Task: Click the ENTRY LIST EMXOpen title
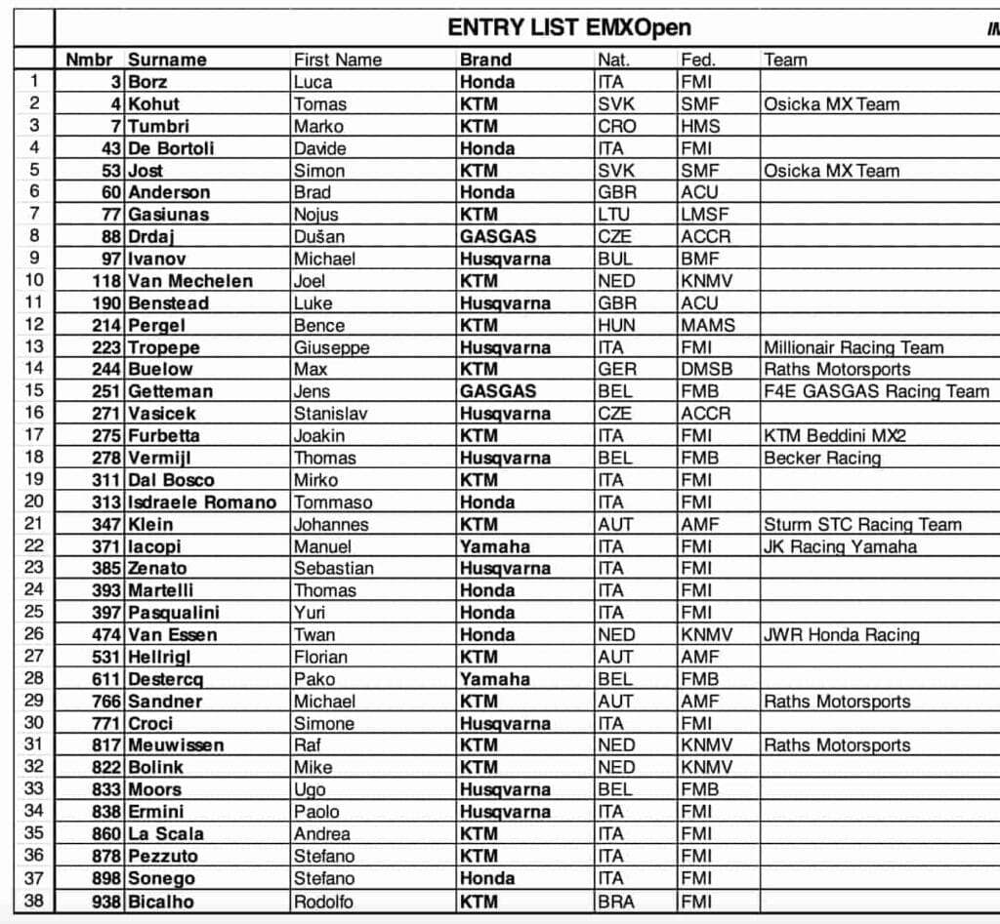(569, 26)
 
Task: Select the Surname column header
(167, 60)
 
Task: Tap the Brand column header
(485, 60)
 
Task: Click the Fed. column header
(697, 60)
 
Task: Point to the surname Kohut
(154, 104)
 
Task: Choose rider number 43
(110, 148)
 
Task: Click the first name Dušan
(319, 237)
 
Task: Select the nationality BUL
(615, 260)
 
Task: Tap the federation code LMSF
(705, 215)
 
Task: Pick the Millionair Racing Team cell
(854, 347)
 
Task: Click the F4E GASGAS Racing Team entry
(876, 391)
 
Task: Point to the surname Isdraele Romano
(202, 502)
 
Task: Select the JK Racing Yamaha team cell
(840, 546)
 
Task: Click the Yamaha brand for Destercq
(494, 679)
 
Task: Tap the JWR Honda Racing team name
(841, 635)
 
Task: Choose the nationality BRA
(616, 902)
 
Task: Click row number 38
(33, 902)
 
